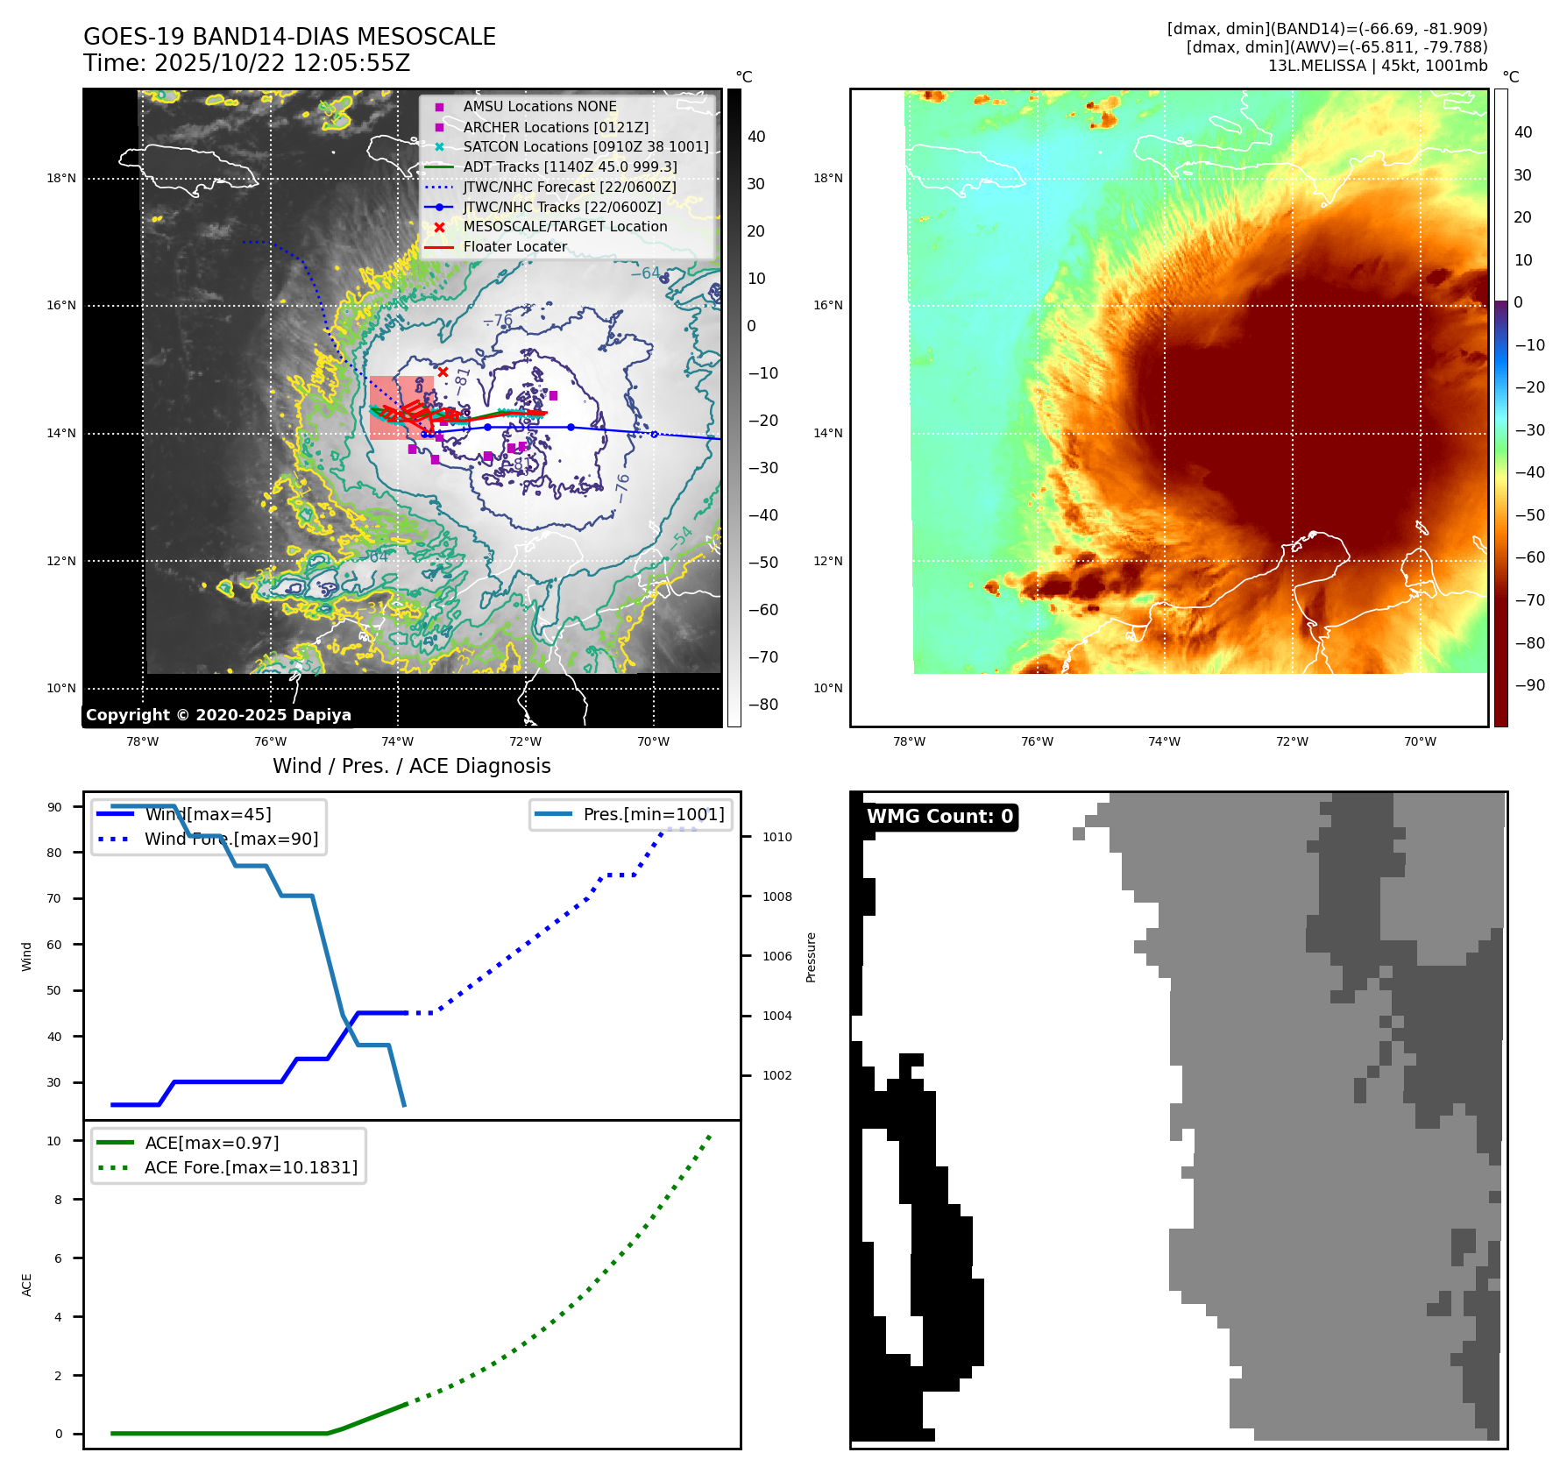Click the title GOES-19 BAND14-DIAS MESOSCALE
[x=289, y=37]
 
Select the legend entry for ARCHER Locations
[x=556, y=127]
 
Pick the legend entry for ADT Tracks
[x=570, y=167]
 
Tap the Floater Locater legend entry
[x=514, y=246]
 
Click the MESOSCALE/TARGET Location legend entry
[x=564, y=226]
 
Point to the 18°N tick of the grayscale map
[x=61, y=179]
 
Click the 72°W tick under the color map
[x=1292, y=741]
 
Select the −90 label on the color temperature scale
[x=1529, y=685]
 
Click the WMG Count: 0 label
[x=939, y=817]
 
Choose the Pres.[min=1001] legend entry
[x=654, y=814]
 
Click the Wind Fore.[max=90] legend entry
[x=231, y=839]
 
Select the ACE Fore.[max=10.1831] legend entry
[x=251, y=1167]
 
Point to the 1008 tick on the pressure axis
[x=776, y=896]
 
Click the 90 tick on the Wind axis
[x=54, y=807]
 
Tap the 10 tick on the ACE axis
[x=54, y=1141]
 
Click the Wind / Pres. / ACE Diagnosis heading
[x=411, y=766]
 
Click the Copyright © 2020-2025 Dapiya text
[x=218, y=715]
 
